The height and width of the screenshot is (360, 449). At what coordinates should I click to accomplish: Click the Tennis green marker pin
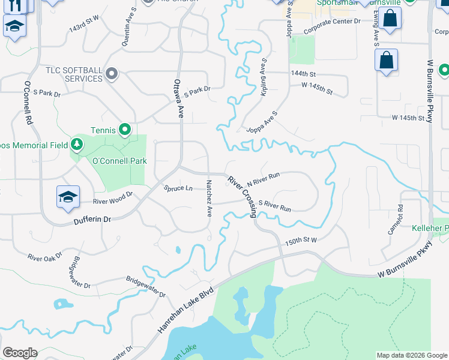(x=124, y=129)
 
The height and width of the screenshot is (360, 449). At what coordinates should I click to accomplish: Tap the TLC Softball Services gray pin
(x=111, y=74)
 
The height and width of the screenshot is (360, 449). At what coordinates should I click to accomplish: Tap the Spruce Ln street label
(x=178, y=188)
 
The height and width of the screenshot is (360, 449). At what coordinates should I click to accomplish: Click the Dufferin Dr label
(x=92, y=220)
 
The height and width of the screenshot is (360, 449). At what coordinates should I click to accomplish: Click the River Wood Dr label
(x=112, y=199)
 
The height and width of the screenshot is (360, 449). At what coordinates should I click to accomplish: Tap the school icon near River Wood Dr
(x=68, y=196)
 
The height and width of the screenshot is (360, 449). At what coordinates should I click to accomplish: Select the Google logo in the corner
(x=20, y=353)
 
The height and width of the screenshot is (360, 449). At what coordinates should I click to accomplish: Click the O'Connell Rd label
(x=28, y=103)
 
